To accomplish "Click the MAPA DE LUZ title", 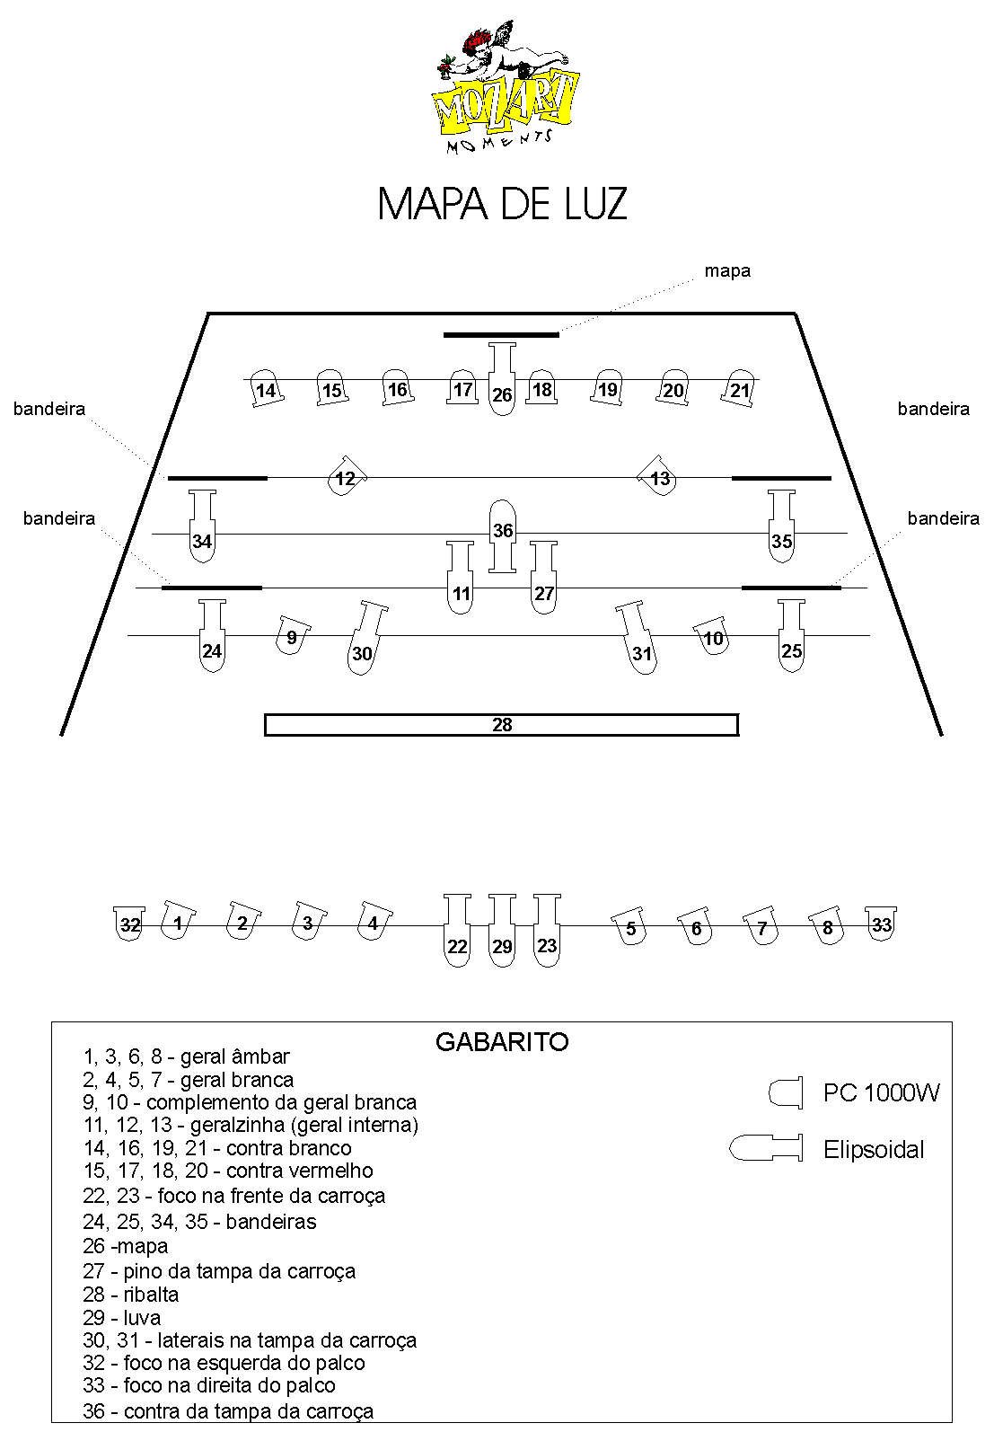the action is [502, 204].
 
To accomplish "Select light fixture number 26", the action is [502, 379].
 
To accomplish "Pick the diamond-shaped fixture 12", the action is [347, 476].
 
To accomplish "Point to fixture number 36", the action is [503, 535].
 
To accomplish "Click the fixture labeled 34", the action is [203, 526].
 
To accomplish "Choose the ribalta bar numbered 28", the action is [501, 725].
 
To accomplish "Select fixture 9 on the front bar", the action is [292, 635].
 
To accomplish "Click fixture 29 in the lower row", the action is [502, 930].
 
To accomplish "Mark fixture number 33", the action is [881, 924].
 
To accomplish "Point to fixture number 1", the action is [177, 921].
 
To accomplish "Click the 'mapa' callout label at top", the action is [727, 271].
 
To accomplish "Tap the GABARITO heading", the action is [502, 1042].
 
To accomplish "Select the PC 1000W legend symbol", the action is [786, 1092].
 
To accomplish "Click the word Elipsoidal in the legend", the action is [874, 1150].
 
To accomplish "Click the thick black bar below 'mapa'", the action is [501, 334].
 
